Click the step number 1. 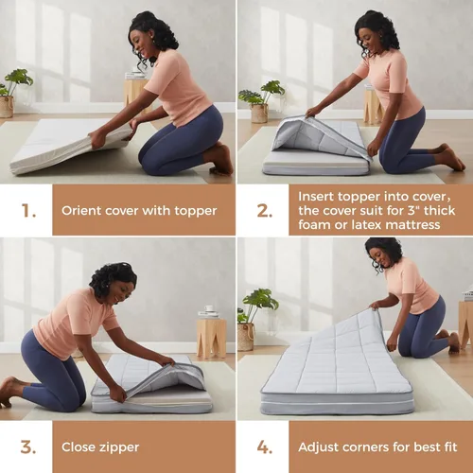pos(28,211)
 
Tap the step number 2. pos(265,211)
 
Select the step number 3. pos(28,447)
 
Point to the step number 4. pos(265,447)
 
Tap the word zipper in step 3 pos(119,447)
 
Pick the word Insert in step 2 pos(316,197)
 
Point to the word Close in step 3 pos(79,447)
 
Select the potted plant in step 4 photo pos(256,320)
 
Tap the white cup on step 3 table pos(208,308)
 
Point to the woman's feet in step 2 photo pos(451,158)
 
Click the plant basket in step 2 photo pos(259,114)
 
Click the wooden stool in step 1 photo pos(136,92)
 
